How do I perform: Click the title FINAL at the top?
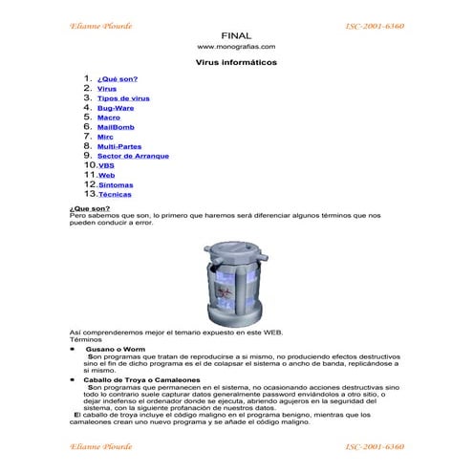point(235,35)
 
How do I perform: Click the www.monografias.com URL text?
point(236,47)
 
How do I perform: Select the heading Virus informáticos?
point(236,62)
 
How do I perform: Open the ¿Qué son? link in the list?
point(118,79)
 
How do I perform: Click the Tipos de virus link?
point(123,98)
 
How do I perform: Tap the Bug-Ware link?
point(116,108)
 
